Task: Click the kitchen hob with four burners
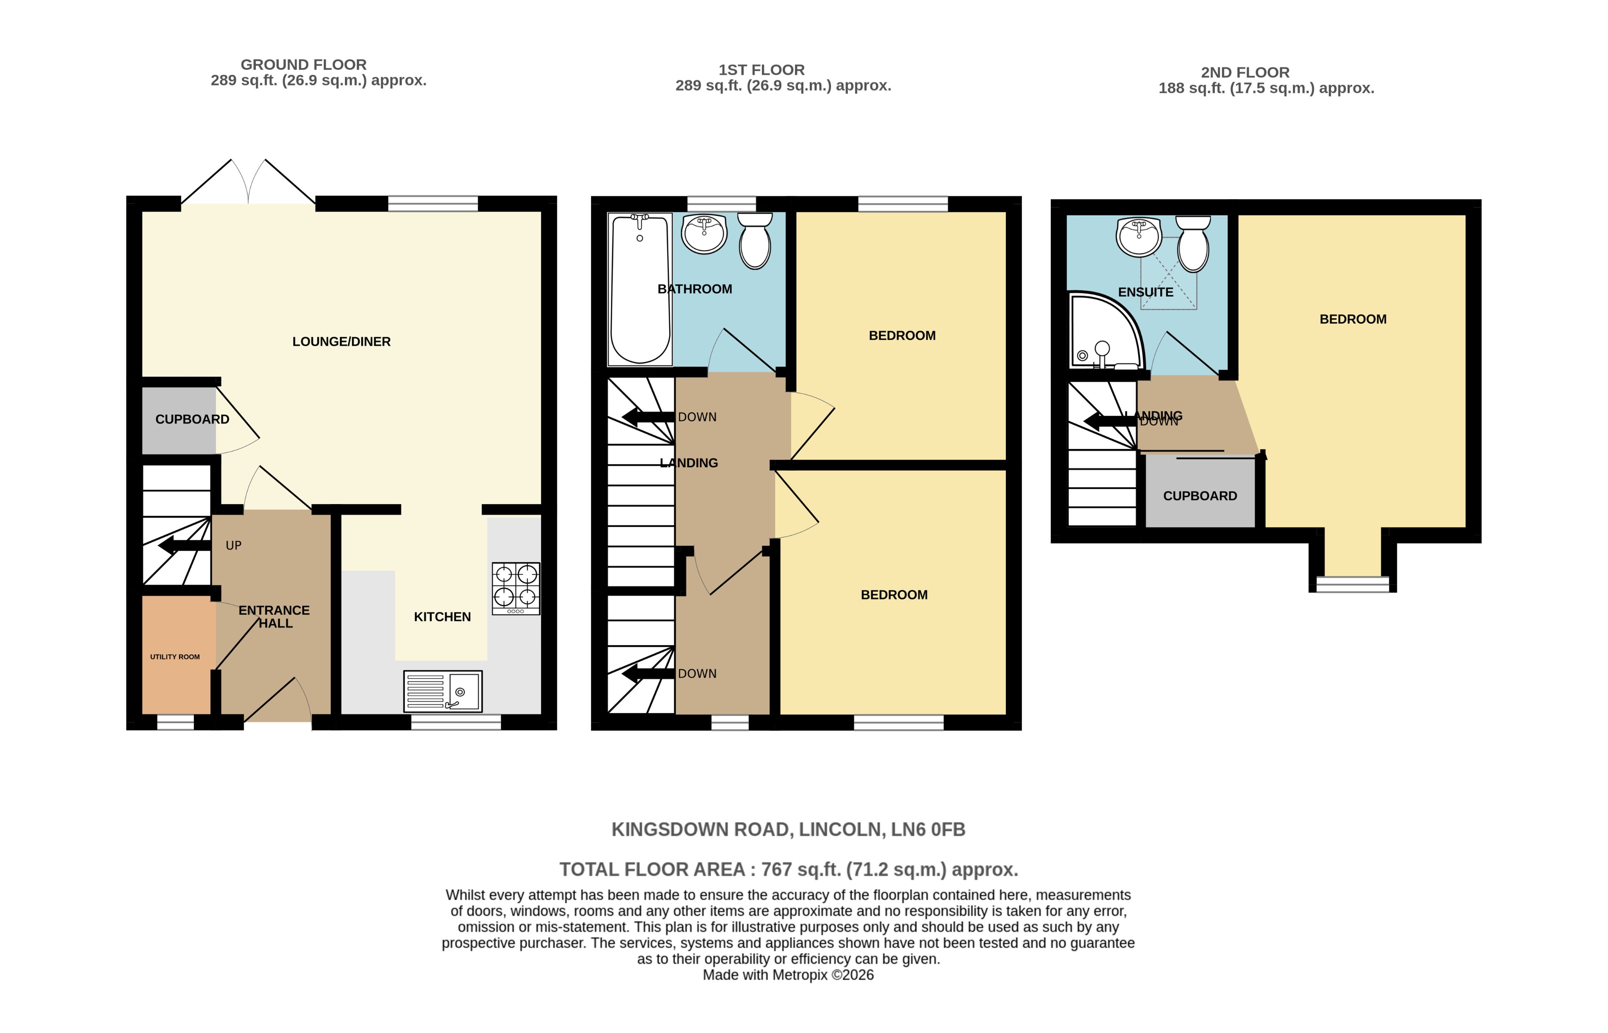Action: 515,588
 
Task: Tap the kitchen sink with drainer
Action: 442,691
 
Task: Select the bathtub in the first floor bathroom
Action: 639,288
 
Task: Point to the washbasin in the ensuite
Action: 1139,237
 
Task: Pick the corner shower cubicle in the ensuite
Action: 1100,332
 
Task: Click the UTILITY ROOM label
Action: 175,657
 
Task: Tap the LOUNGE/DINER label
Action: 341,342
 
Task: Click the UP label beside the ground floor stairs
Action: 233,545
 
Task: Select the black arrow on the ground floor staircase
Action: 184,545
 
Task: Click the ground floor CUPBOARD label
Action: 192,419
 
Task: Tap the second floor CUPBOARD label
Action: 1200,496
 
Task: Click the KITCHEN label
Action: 442,617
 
